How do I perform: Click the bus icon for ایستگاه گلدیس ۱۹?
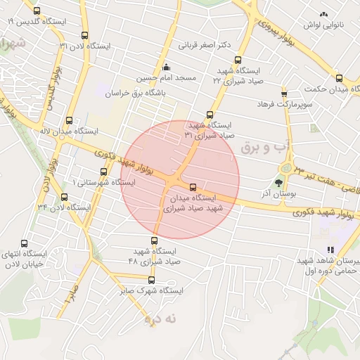(37, 11)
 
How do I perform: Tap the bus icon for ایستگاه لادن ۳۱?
(85, 35)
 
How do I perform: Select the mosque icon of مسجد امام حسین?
(166, 67)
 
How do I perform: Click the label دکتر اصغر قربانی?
(205, 46)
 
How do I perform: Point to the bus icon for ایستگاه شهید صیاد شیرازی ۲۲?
(238, 60)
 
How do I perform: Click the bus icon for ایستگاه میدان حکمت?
(339, 79)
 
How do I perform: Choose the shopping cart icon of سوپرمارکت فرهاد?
(284, 94)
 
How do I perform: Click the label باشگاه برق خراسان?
(135, 93)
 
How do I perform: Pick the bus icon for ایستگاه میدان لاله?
(68, 120)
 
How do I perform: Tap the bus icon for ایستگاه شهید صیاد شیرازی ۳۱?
(210, 115)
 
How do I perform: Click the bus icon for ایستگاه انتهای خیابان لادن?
(25, 243)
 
